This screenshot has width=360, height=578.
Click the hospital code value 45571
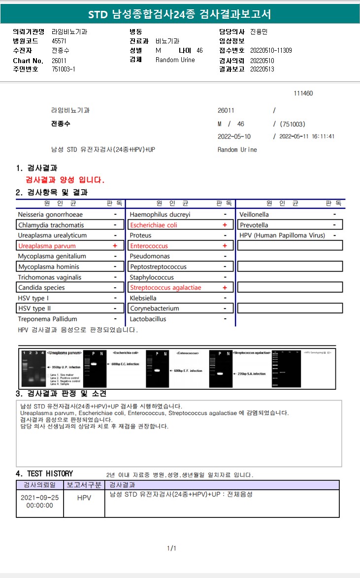59,41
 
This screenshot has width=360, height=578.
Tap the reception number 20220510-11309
271,50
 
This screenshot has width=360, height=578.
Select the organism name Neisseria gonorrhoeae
50,214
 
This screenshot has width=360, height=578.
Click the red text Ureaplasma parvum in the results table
47,246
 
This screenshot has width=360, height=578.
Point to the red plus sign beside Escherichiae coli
225,225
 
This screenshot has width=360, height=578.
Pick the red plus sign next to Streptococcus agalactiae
225,288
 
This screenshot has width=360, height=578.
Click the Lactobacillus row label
148,319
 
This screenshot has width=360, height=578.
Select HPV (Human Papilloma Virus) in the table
282,236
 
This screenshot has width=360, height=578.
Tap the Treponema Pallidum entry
47,319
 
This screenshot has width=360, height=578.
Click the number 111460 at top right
303,94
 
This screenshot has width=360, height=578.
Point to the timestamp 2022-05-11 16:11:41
307,136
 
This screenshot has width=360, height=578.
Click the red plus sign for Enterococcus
225,246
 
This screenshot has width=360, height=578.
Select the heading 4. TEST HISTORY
44,474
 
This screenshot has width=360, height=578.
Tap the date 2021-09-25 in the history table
40,498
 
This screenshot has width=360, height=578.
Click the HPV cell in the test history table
84,498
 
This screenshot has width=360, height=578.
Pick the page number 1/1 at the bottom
172,548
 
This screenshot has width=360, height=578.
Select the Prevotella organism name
254,225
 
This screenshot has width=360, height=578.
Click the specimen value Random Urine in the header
175,60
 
